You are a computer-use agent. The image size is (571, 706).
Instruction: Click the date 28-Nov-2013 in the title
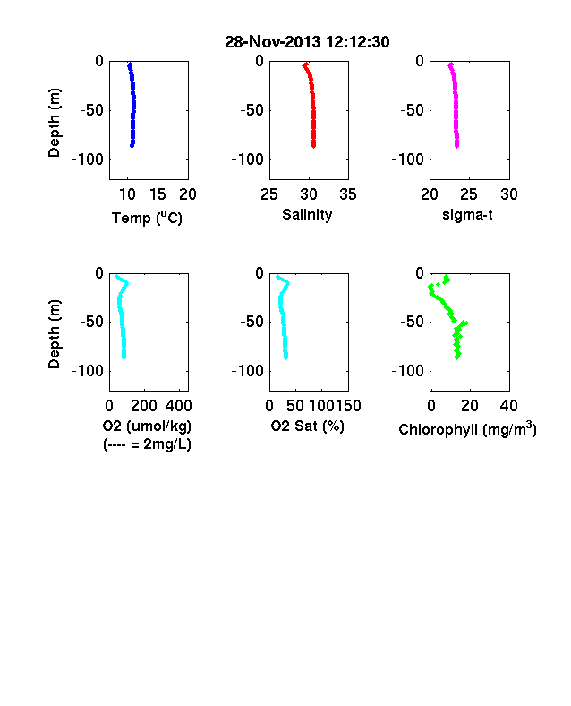(x=273, y=42)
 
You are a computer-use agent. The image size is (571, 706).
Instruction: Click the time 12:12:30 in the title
(x=358, y=42)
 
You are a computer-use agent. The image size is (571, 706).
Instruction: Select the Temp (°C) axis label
(x=147, y=218)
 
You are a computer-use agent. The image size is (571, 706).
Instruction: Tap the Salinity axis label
(x=307, y=215)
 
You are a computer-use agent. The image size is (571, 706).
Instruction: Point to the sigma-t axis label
(x=467, y=215)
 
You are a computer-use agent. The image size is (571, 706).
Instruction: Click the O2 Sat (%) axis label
(x=307, y=426)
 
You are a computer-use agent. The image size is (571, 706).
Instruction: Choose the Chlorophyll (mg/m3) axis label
(x=467, y=429)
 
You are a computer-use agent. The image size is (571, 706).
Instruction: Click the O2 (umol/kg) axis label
(x=147, y=426)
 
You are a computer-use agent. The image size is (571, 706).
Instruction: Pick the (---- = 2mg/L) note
(x=147, y=444)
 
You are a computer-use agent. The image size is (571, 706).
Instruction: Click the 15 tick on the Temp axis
(x=158, y=194)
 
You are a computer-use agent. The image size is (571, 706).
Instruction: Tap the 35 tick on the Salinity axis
(x=348, y=194)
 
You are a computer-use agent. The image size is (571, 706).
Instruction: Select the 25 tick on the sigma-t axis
(x=469, y=194)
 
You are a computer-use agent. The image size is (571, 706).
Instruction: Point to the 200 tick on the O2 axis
(x=144, y=406)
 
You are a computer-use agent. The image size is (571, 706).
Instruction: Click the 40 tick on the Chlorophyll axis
(x=508, y=406)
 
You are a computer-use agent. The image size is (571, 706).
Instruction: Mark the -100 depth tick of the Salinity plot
(x=247, y=159)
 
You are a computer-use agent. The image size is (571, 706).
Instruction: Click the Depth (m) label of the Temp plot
(x=54, y=123)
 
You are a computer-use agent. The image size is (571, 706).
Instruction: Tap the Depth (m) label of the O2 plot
(x=54, y=334)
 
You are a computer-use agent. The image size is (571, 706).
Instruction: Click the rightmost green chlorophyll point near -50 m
(x=466, y=323)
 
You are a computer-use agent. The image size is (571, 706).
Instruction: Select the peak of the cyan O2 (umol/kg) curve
(x=127, y=283)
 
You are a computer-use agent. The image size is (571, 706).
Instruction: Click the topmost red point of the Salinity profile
(x=305, y=65)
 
